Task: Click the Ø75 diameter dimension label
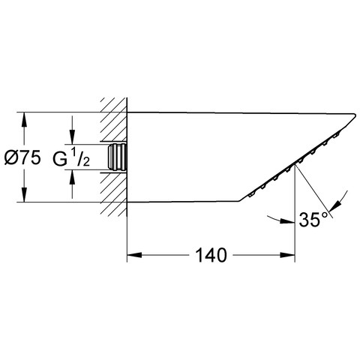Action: coord(22,158)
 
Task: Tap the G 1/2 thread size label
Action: coord(71,158)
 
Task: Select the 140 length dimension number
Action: coord(211,255)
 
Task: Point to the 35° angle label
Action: coord(313,220)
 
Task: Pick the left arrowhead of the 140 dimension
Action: coord(134,255)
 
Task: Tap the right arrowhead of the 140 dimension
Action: coord(288,255)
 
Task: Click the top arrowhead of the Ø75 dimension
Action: coord(24,120)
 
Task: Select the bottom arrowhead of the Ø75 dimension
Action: coord(24,194)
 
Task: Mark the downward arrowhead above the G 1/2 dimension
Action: coord(72,136)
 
